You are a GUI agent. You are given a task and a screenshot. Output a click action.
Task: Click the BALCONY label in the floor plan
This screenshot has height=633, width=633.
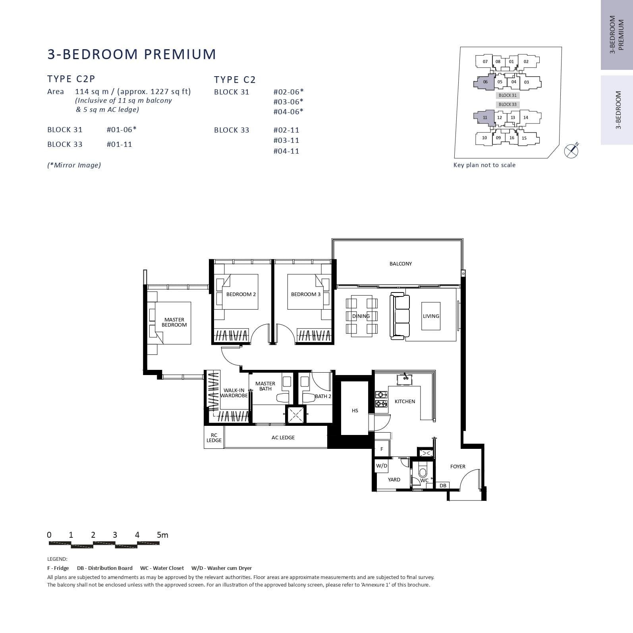pos(400,264)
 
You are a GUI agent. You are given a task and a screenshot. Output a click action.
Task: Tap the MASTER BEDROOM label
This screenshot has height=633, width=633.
pos(174,322)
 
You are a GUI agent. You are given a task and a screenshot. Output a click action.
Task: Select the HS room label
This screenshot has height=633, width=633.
pos(355,411)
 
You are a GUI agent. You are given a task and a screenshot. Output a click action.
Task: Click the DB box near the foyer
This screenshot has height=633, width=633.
pos(443,485)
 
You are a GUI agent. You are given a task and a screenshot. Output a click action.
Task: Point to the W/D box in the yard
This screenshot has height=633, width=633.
pos(382,466)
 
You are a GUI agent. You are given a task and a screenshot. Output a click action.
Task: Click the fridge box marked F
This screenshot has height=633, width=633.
pos(382,449)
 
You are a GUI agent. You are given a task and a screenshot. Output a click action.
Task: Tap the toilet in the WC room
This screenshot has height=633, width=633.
pos(423,472)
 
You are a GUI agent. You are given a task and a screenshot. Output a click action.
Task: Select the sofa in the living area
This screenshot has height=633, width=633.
pos(399,316)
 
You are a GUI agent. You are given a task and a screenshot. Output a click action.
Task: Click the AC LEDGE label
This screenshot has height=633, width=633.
pos(283,437)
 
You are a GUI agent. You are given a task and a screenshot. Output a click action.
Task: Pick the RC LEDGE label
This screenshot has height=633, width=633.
pos(214,438)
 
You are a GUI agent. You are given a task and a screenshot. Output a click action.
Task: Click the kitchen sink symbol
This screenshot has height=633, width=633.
pos(406,378)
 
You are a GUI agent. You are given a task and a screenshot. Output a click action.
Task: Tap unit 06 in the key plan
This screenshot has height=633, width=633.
pos(485,82)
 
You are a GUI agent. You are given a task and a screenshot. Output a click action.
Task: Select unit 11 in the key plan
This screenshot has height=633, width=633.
pos(485,117)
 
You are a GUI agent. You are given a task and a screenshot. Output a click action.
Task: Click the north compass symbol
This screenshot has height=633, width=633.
pos(571,150)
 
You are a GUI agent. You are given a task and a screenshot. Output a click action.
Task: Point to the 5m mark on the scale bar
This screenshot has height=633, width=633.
pos(162,535)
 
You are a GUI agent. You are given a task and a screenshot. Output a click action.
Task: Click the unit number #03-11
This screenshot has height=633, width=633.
pos(286,140)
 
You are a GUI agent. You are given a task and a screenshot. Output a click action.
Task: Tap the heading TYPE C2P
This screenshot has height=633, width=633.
pos(71,79)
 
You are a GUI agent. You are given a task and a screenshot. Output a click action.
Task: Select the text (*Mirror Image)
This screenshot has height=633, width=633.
pos(74,165)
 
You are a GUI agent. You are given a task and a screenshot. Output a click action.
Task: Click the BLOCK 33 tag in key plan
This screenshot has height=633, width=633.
pos(508,104)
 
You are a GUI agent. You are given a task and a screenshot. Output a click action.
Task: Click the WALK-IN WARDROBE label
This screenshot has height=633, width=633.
pos(234,393)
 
